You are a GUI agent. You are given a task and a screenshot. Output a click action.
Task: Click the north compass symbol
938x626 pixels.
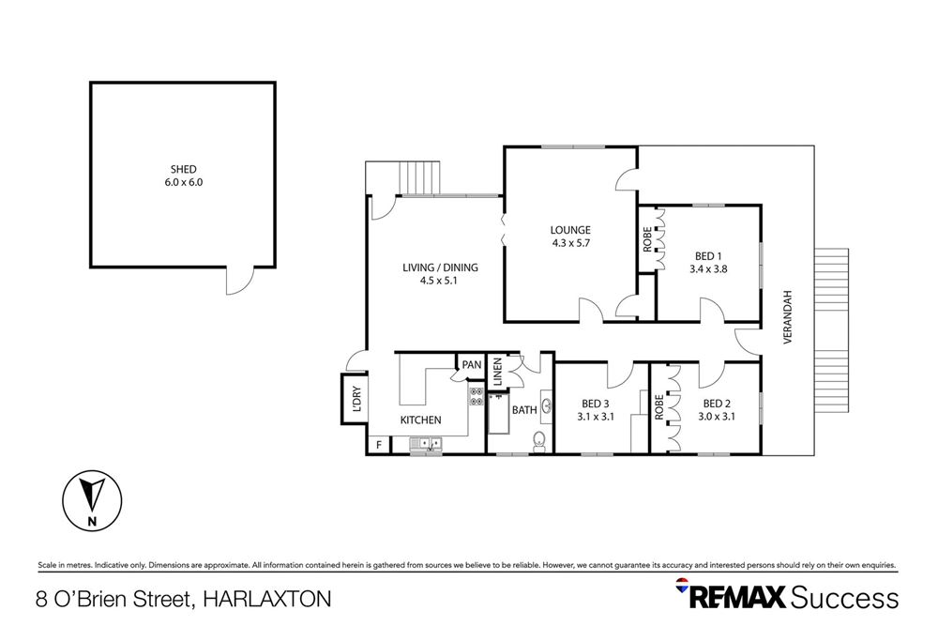[x=91, y=501]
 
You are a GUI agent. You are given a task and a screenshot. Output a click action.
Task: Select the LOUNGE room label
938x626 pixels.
[x=569, y=230]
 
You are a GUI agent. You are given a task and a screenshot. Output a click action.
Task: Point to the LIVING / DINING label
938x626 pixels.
[x=440, y=267]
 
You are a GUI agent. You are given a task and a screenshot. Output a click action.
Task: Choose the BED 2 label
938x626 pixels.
[x=718, y=404]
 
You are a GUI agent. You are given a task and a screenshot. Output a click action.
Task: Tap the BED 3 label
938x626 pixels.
[x=595, y=405]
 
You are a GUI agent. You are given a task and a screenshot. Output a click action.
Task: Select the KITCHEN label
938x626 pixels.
[x=421, y=420]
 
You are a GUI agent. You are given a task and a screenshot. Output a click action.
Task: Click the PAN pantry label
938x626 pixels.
[x=471, y=364]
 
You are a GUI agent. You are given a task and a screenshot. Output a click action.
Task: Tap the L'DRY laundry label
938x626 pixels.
[x=356, y=400]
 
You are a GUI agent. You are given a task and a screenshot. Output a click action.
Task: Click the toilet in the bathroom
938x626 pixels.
[x=538, y=441]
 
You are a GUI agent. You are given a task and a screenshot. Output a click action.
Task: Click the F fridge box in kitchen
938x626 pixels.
[x=379, y=445]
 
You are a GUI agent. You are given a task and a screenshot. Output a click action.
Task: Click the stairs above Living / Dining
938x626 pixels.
[x=418, y=178]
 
